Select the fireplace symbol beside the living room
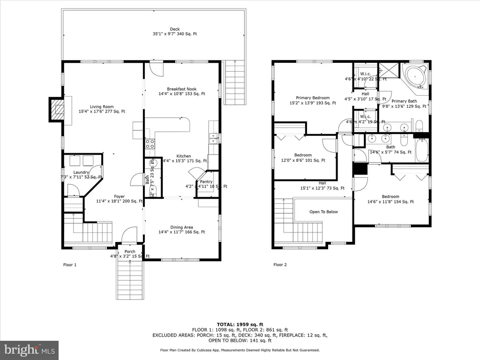(58, 109)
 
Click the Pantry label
(206, 182)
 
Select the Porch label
(129, 252)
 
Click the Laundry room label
(81, 172)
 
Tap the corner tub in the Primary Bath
(415, 76)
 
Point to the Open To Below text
(323, 212)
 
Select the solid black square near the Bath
(360, 168)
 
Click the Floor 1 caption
(69, 265)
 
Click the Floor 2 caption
(280, 265)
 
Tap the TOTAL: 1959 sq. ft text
(240, 324)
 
